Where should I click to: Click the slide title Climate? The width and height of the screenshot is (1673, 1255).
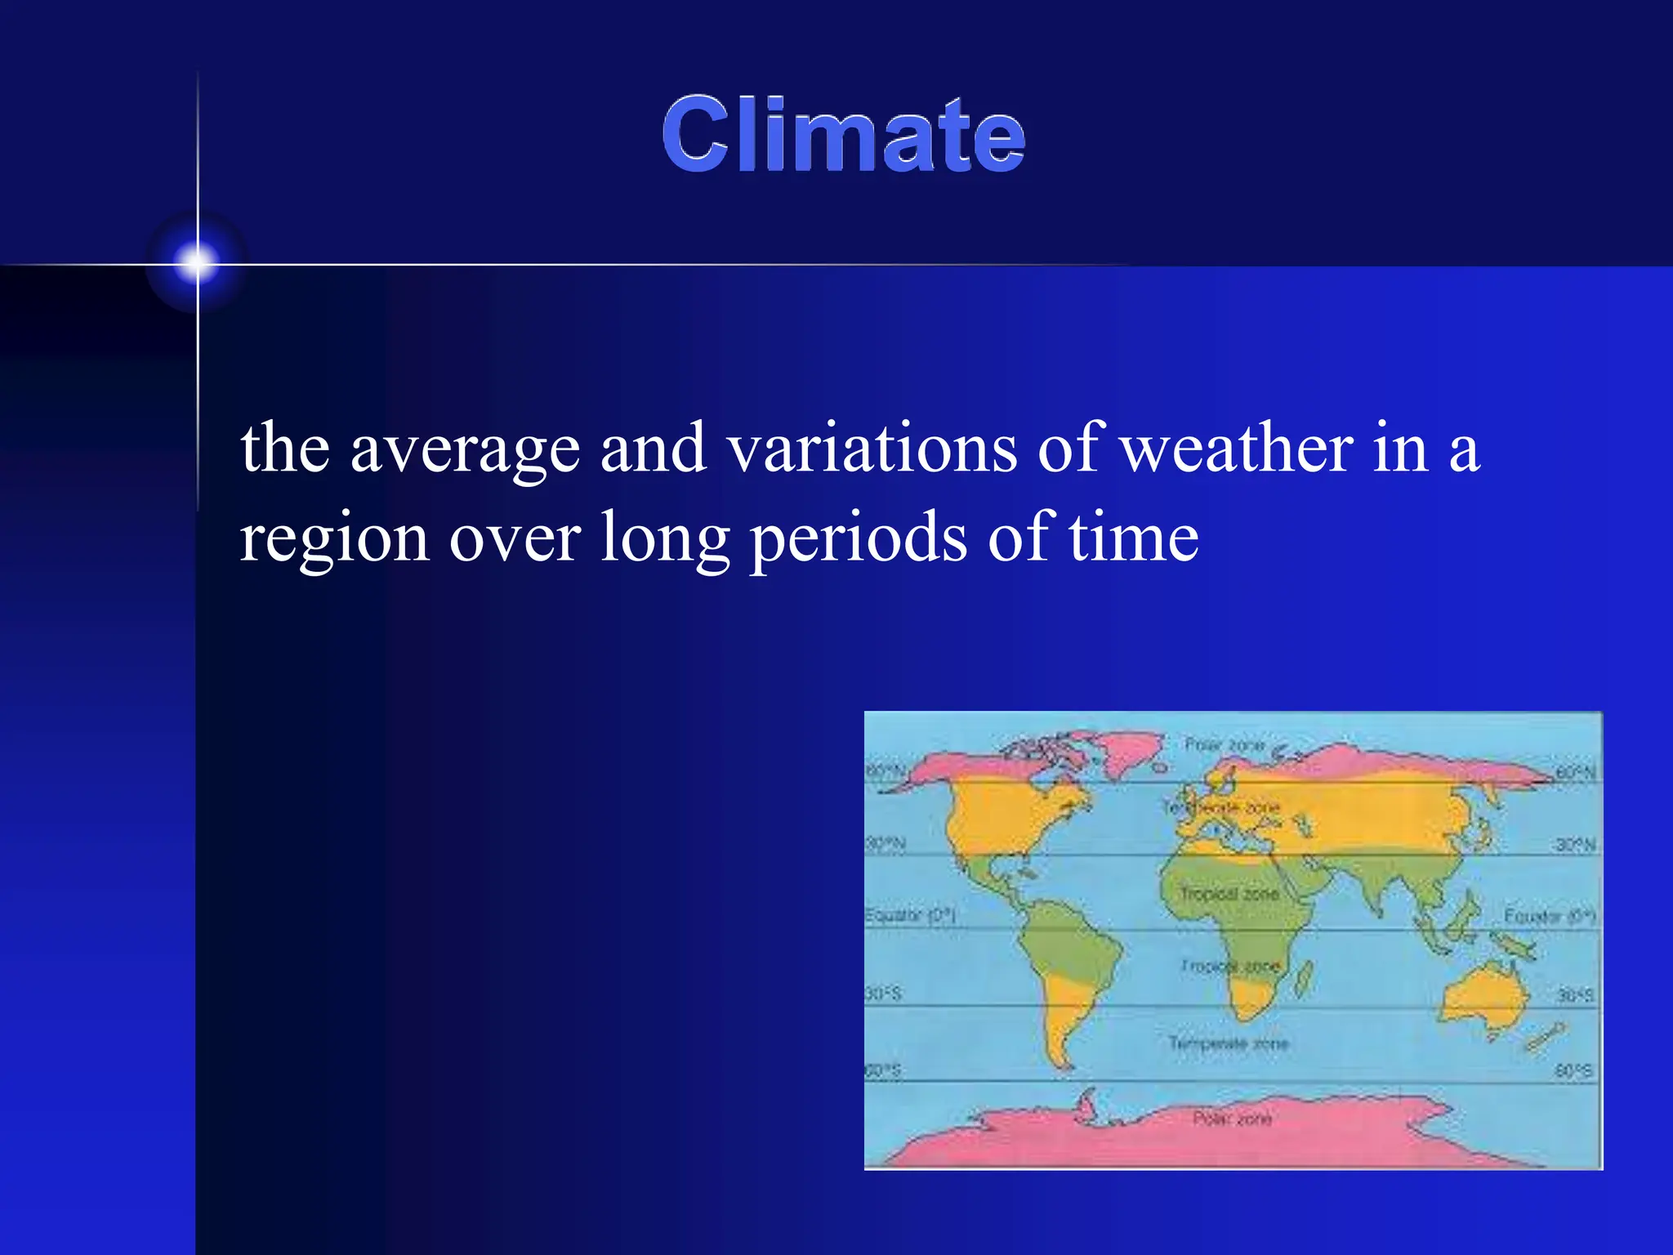click(x=843, y=135)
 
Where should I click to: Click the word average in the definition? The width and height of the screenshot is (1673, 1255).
click(x=465, y=449)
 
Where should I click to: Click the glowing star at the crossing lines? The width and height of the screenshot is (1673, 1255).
click(x=197, y=263)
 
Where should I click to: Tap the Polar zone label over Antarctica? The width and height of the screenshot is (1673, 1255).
click(x=1232, y=1119)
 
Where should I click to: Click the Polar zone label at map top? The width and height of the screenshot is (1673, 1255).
click(x=1224, y=745)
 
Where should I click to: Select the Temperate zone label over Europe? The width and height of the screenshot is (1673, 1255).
click(x=1221, y=807)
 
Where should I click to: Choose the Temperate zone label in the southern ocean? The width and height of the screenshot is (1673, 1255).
click(x=1228, y=1043)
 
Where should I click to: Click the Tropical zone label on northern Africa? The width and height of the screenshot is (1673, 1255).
click(x=1229, y=894)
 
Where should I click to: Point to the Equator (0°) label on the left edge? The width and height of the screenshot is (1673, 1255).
click(x=909, y=915)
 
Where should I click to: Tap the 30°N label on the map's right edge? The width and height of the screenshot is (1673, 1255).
click(x=1574, y=845)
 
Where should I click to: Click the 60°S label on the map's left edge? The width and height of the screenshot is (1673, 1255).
click(x=883, y=1070)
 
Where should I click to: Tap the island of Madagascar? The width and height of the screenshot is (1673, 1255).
click(x=1304, y=980)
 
